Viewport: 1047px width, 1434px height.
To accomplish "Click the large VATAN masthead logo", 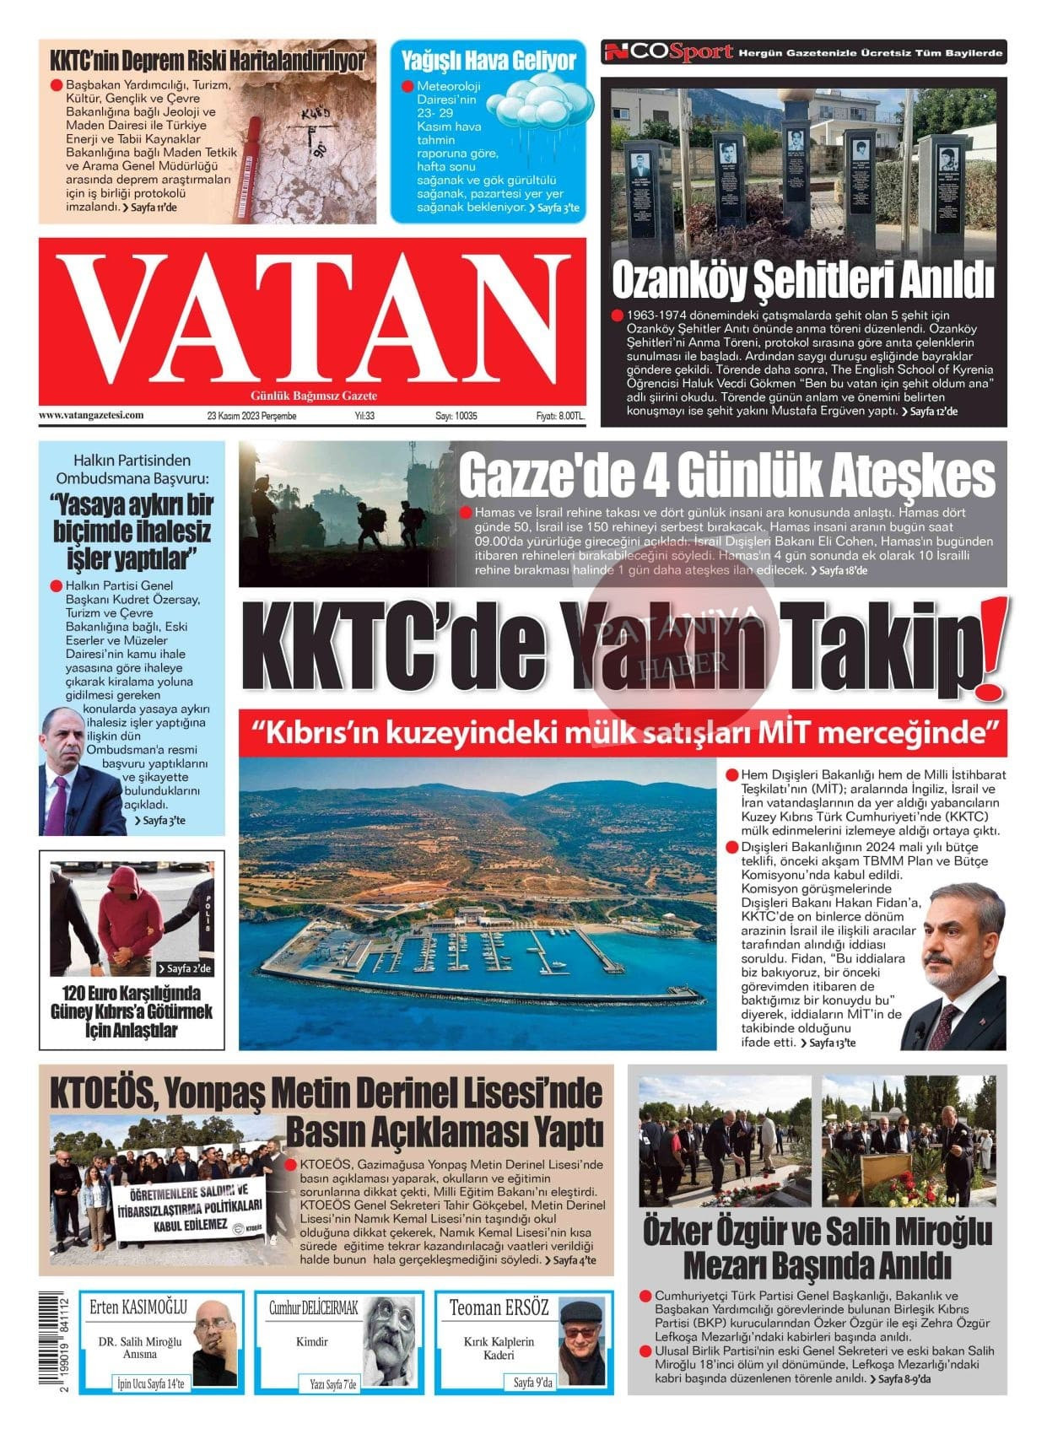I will tap(312, 318).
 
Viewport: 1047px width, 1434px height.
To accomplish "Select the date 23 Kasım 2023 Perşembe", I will tap(252, 416).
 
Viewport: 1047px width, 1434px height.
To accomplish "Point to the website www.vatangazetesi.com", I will tap(91, 415).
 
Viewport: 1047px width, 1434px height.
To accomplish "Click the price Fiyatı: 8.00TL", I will tap(560, 416).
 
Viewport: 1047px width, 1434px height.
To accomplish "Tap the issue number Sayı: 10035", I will tap(456, 416).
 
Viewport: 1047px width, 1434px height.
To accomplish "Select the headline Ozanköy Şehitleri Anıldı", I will tap(802, 281).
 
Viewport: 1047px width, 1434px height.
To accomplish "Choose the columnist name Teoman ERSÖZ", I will tap(499, 1307).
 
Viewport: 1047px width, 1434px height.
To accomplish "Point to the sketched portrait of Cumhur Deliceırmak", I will tap(394, 1341).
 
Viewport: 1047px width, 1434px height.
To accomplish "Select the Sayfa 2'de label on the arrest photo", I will tap(185, 968).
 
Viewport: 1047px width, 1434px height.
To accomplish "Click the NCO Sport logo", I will tap(668, 52).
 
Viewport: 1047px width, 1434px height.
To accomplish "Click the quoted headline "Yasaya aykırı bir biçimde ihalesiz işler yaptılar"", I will tap(132, 531).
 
